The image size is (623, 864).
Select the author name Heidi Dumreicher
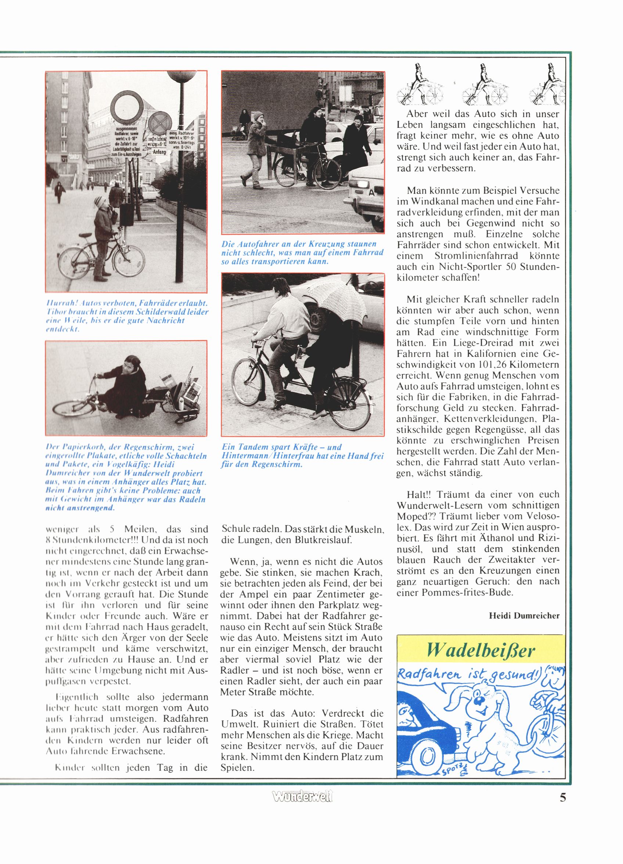click(x=524, y=616)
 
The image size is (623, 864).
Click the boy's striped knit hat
click(x=100, y=201)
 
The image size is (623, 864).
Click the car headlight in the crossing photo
click(x=358, y=184)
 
